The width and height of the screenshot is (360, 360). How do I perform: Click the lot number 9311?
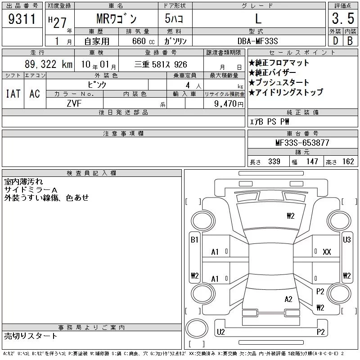coord(22,19)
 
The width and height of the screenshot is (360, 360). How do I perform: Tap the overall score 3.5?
coord(343,18)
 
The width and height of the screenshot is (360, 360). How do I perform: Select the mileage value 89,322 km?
coord(49,64)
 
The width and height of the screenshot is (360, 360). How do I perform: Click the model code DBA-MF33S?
coord(257,41)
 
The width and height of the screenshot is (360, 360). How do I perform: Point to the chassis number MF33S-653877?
coord(302,143)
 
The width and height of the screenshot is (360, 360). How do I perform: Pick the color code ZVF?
coord(74,103)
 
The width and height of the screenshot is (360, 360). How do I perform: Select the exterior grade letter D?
coord(335,41)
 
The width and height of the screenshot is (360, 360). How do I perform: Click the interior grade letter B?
coord(350,41)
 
